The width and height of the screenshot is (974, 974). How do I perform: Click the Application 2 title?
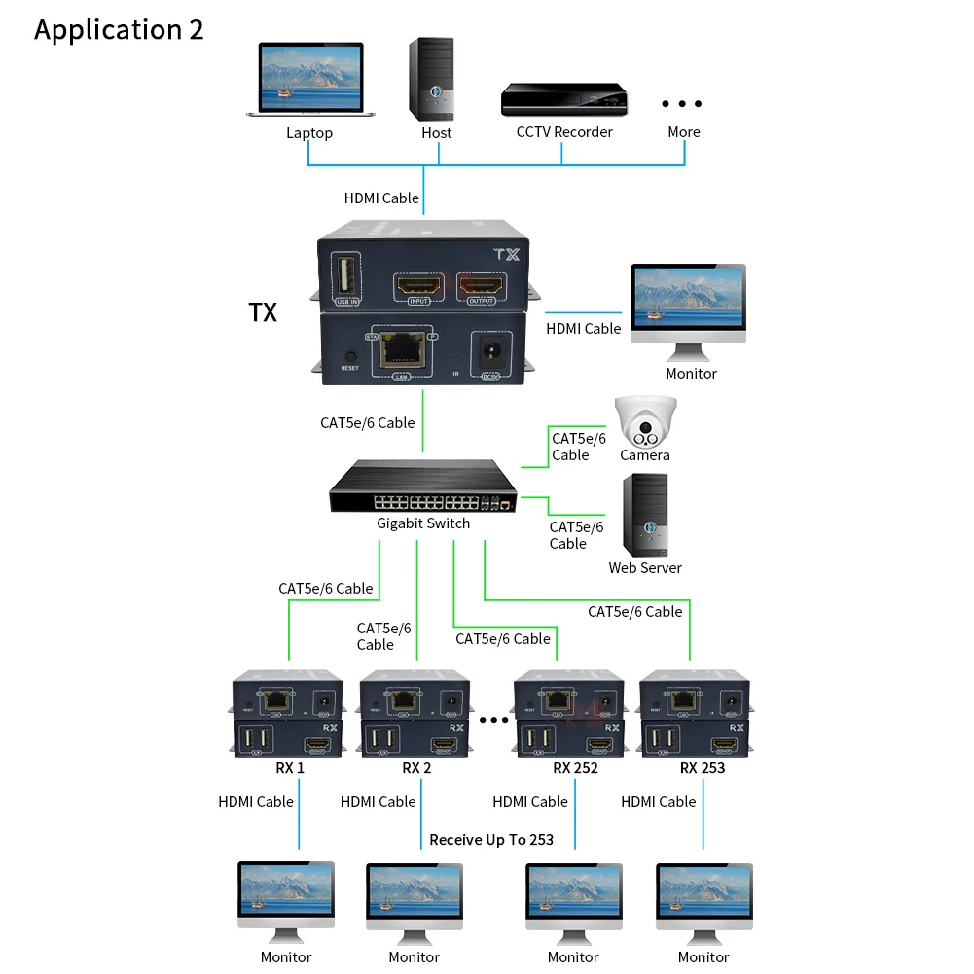(119, 29)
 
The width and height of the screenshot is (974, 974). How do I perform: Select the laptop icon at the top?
(309, 81)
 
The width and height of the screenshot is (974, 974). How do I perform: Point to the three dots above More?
(682, 104)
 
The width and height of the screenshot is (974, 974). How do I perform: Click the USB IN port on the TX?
(345, 275)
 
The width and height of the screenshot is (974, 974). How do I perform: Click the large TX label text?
(263, 312)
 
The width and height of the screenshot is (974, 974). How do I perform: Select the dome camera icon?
(643, 421)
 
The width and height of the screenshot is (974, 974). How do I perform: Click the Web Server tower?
(645, 515)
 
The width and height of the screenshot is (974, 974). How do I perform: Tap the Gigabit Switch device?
(423, 487)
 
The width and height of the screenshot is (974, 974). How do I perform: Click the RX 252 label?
(575, 767)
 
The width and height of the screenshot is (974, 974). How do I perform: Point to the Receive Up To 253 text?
(490, 839)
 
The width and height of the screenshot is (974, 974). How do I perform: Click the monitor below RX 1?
(286, 900)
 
